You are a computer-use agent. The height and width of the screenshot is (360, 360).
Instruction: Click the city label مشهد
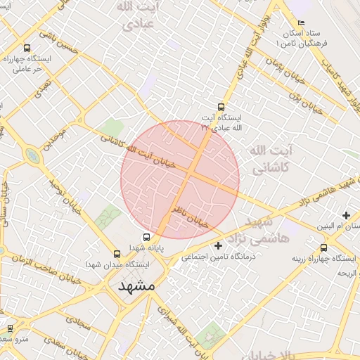(x=136, y=287)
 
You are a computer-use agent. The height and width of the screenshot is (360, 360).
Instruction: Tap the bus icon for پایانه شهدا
(x=146, y=237)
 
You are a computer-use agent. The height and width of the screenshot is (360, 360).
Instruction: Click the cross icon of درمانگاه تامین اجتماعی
(x=218, y=245)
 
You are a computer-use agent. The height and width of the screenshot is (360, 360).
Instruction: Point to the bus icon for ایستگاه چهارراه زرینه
(x=323, y=247)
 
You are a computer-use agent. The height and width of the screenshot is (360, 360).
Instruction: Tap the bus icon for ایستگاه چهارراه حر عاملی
(x=27, y=48)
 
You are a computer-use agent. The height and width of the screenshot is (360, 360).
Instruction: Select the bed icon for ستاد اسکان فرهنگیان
(x=301, y=22)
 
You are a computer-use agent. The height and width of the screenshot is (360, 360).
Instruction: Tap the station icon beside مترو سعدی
(x=10, y=328)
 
